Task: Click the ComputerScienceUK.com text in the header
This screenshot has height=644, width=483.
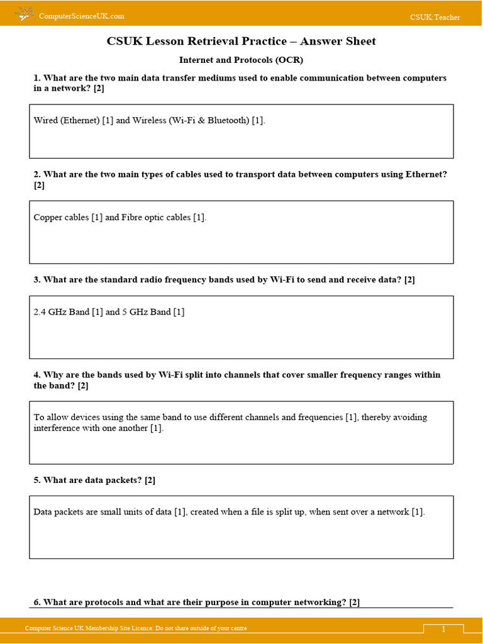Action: (82, 16)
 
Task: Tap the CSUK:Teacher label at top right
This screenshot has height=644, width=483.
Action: (435, 17)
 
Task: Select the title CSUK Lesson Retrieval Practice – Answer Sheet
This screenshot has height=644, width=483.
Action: (241, 42)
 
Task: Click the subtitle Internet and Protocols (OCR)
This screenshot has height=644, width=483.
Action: (241, 60)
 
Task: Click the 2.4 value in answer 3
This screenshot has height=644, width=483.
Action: (40, 312)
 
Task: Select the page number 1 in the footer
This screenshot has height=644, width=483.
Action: (443, 630)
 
